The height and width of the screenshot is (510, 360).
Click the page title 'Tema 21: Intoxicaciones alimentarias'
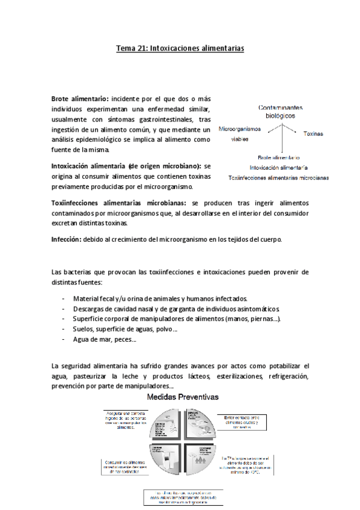click(180, 51)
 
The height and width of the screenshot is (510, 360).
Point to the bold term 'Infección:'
click(66, 239)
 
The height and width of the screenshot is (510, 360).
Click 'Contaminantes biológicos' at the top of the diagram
click(280, 109)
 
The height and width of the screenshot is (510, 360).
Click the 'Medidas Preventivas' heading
click(183, 398)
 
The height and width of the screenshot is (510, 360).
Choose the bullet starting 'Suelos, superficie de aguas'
click(124, 330)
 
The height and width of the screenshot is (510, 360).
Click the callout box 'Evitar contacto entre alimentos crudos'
click(242, 420)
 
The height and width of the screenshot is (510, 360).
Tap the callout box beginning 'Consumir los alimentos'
click(127, 465)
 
